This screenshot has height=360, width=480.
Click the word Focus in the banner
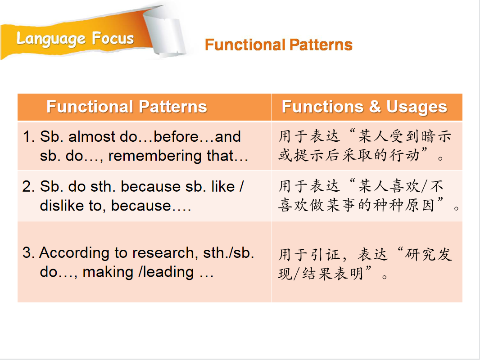113,39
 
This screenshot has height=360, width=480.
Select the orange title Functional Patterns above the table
279,45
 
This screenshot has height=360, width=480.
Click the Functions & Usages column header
364,107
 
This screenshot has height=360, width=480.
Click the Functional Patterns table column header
127,107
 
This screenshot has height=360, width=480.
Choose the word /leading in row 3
166,272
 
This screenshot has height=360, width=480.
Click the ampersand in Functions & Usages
375,107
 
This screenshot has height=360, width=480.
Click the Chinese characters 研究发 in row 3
428,255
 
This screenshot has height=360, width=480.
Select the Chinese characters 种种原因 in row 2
405,205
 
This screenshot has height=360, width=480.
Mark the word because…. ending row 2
151,206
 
